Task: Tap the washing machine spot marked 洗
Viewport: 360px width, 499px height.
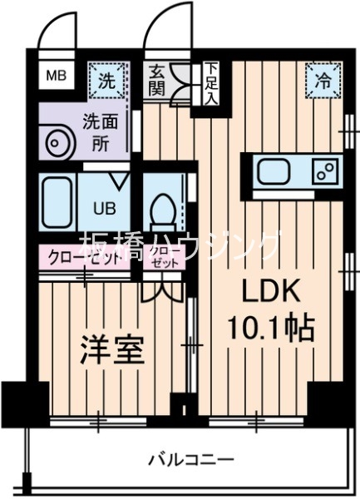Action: [106, 81]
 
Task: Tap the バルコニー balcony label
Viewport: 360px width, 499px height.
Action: [191, 457]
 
